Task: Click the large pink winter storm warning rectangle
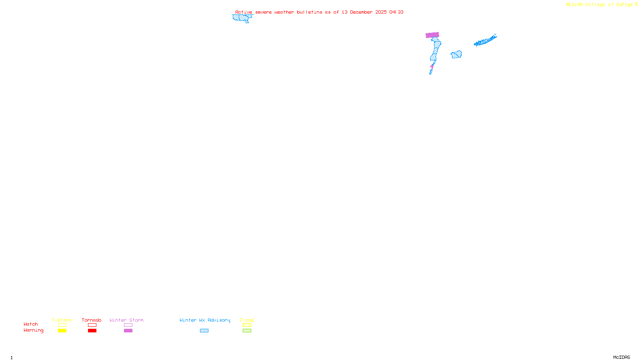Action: pyautogui.click(x=432, y=35)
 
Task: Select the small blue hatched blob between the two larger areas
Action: pyautogui.click(x=456, y=54)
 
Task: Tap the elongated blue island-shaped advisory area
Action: pyautogui.click(x=485, y=41)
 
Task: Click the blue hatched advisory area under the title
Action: pyautogui.click(x=242, y=18)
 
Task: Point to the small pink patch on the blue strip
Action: pyautogui.click(x=432, y=66)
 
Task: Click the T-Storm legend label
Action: pyautogui.click(x=62, y=320)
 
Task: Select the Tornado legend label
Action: pyautogui.click(x=92, y=320)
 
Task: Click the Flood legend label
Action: pyautogui.click(x=247, y=320)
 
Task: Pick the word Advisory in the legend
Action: pyautogui.click(x=219, y=320)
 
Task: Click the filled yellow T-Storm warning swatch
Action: pyautogui.click(x=62, y=331)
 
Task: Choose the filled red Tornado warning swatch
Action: pyautogui.click(x=92, y=331)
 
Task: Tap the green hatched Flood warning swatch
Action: pyautogui.click(x=247, y=331)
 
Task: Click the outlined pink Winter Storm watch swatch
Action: pyautogui.click(x=128, y=325)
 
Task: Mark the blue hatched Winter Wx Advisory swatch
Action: pyautogui.click(x=204, y=331)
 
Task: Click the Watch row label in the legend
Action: pyautogui.click(x=31, y=324)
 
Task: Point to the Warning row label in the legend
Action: pyautogui.click(x=34, y=330)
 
